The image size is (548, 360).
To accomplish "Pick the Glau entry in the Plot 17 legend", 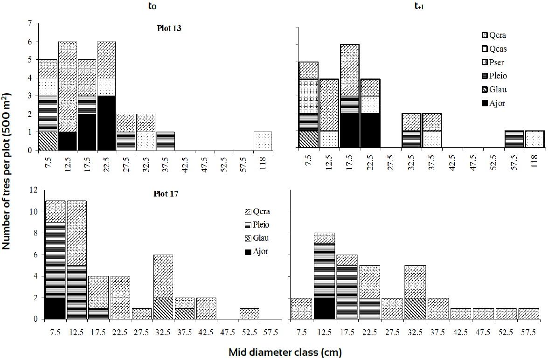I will (261, 238).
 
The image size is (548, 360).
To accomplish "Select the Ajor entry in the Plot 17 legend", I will (261, 252).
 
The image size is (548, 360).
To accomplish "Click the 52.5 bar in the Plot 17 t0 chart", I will (249, 314).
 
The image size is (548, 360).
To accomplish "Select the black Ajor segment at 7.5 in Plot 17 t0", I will (55, 308).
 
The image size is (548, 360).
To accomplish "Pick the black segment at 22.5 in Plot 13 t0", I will (107, 123).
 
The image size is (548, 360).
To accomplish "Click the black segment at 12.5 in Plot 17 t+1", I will (324, 308).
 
